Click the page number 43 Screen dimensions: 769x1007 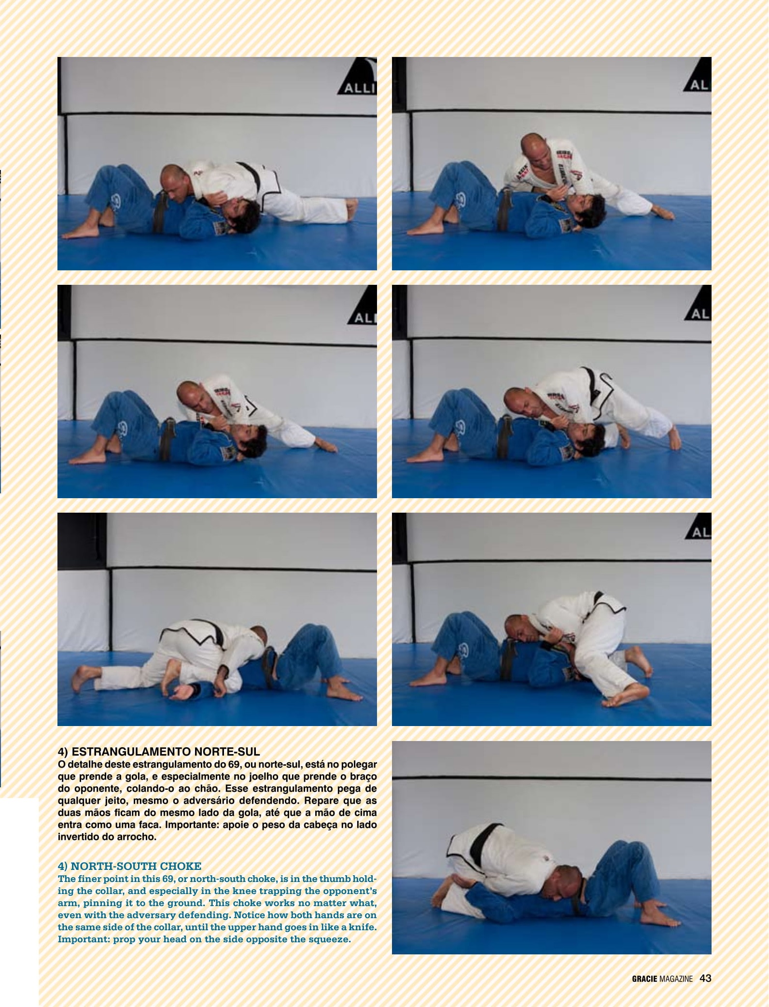[x=705, y=978]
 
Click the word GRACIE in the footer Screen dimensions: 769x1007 [x=644, y=979]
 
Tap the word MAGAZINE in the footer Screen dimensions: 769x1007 [x=676, y=979]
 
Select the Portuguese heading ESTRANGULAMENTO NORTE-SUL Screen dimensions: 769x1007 [x=166, y=752]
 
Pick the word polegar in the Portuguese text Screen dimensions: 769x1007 [x=360, y=765]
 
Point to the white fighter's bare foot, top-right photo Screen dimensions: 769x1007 [x=661, y=212]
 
